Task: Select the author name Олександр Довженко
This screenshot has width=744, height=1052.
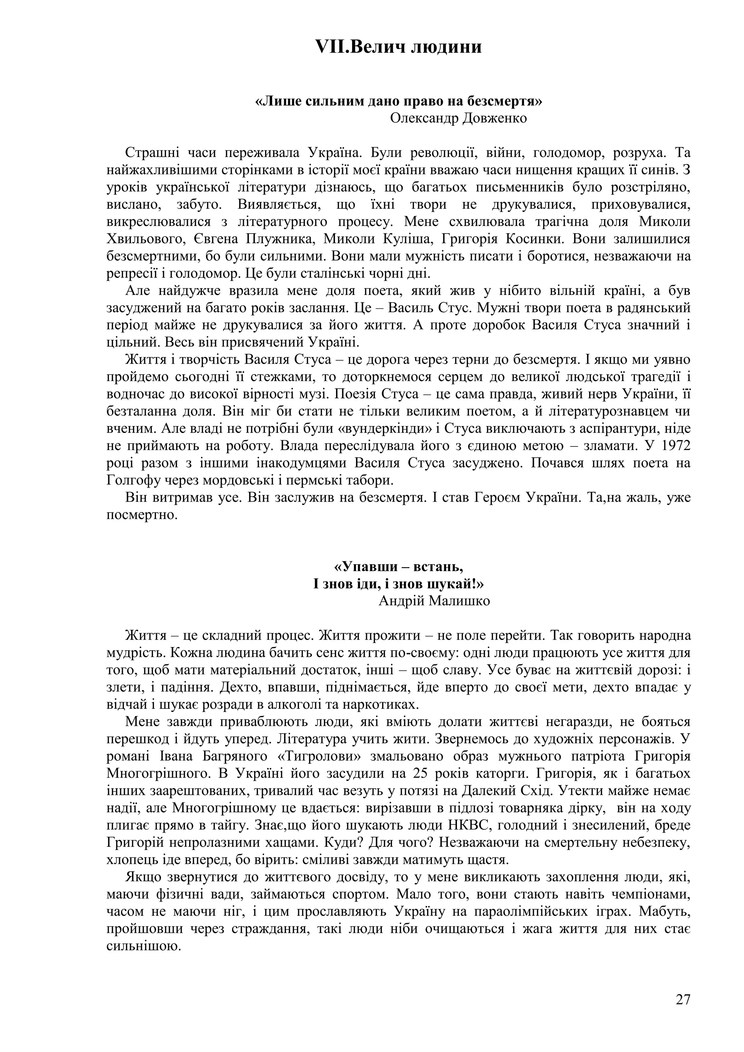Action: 458,118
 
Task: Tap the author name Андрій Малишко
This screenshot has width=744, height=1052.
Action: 434,601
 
